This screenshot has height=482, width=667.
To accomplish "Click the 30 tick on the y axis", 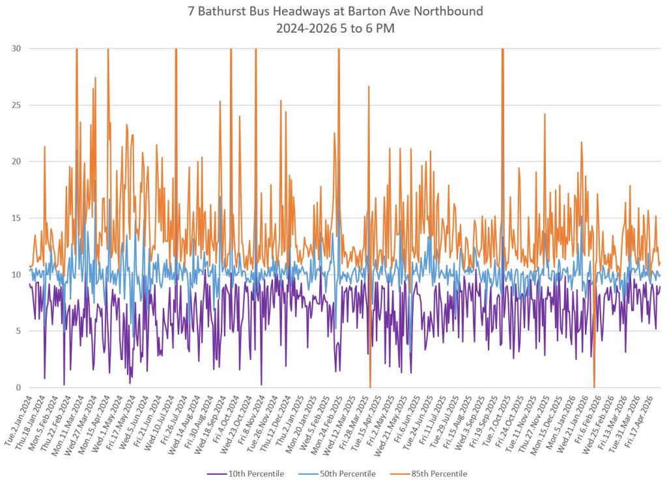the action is [x=16, y=48].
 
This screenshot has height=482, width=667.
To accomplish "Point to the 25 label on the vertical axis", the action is [x=16, y=105].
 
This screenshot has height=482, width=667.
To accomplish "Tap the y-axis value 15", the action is [x=16, y=218].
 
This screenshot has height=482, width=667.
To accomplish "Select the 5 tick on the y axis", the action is [x=18, y=331].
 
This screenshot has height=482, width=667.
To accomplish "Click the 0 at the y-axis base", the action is [x=18, y=387].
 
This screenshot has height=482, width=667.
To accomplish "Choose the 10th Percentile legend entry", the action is [x=246, y=474].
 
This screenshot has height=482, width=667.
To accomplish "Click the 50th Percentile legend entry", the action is [x=337, y=474].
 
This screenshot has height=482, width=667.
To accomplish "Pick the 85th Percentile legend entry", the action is [x=429, y=474].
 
